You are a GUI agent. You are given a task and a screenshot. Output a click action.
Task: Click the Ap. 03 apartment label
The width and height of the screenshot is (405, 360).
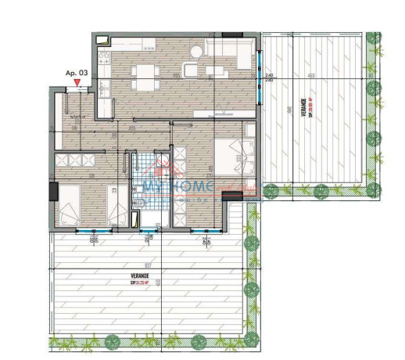pos(74,73)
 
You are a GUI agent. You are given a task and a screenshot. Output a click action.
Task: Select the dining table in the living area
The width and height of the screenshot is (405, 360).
pos(145,76)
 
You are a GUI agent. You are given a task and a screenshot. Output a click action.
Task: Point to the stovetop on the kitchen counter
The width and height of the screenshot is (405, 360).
pos(102,56)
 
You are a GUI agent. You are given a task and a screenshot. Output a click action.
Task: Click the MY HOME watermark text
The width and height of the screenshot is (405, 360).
pos(176,186)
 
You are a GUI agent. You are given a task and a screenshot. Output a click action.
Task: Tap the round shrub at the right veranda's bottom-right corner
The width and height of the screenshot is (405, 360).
pos(376,189)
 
